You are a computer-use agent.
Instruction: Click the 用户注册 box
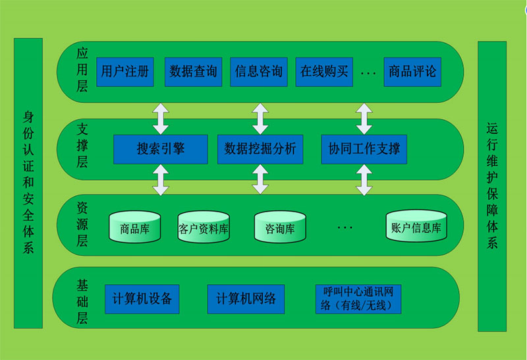[125, 71]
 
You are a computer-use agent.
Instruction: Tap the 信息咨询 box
[258, 71]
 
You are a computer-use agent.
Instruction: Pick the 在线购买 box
[323, 71]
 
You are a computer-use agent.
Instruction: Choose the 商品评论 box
[412, 71]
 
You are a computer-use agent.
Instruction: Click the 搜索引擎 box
[161, 149]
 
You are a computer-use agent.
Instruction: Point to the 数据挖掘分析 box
[260, 149]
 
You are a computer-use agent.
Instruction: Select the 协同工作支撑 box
[364, 149]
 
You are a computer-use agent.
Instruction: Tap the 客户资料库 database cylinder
[204, 227]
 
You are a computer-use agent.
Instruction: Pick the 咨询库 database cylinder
[280, 227]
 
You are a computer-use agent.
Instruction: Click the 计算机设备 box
[142, 299]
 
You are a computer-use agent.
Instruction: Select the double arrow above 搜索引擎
[161, 119]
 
